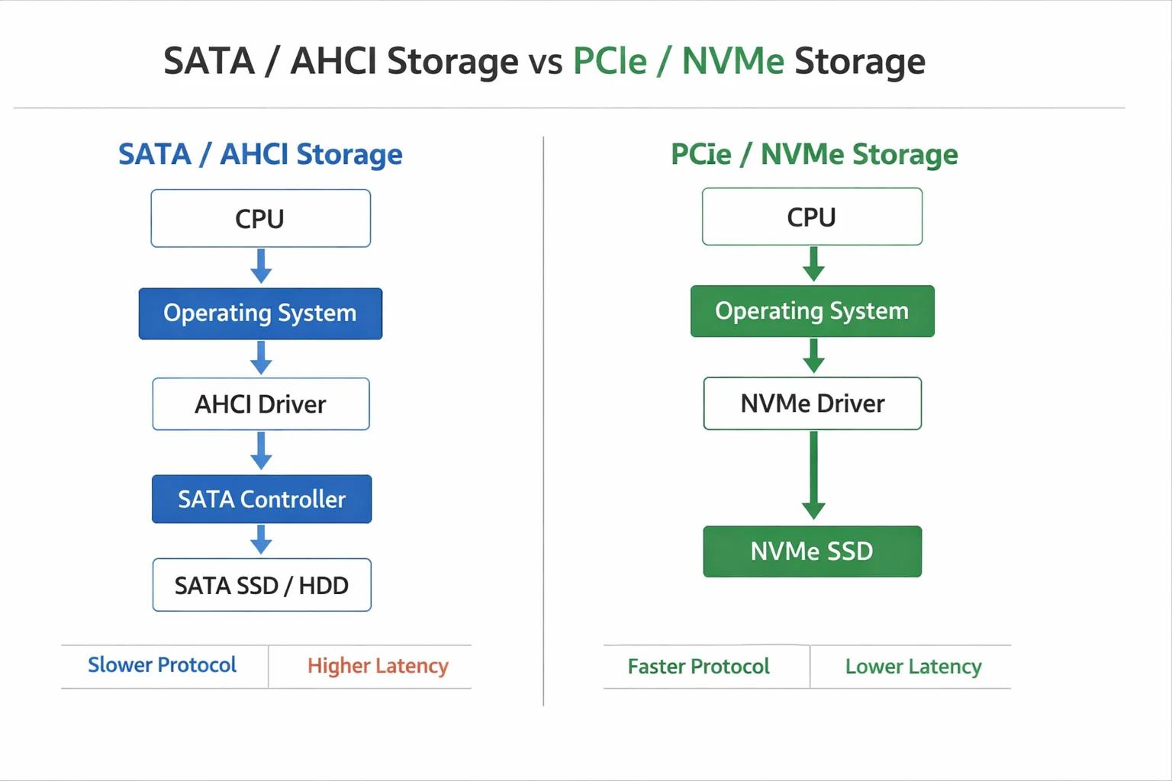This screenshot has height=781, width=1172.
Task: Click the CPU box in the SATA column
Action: pos(260,219)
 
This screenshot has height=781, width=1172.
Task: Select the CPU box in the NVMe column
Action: pos(812,217)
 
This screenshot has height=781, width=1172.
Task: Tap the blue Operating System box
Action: pos(260,313)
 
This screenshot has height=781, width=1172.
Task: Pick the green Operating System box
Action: pos(812,311)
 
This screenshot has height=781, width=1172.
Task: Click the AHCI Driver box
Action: pos(260,404)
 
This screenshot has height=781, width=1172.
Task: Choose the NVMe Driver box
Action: pos(812,403)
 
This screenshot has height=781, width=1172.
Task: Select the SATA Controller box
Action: pos(262,500)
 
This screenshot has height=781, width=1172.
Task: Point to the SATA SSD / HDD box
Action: pos(262,586)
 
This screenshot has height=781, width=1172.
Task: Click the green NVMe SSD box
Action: pos(812,551)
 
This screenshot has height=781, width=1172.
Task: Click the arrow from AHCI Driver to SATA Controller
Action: pos(261,451)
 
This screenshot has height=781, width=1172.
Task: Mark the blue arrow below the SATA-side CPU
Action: pos(261,266)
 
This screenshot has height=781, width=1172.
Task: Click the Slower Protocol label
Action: pos(163,665)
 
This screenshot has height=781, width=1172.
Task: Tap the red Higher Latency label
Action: pos(378,666)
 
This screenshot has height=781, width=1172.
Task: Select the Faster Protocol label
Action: pos(698,667)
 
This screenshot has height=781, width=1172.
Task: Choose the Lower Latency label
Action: pos(913,667)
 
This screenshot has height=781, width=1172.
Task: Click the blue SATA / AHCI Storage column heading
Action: pos(260,154)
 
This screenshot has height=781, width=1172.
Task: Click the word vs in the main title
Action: pos(546,62)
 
